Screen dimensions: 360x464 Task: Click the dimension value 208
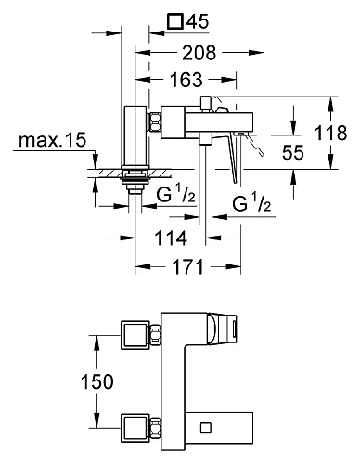(x=199, y=53)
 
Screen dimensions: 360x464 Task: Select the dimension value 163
(x=186, y=80)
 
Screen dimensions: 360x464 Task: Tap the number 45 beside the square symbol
(x=198, y=21)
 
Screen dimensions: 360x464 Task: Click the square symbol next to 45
(x=174, y=21)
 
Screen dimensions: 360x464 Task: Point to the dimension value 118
(x=330, y=133)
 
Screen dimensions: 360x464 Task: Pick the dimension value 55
(x=293, y=152)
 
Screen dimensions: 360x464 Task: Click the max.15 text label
(x=52, y=140)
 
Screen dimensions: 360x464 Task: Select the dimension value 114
(x=171, y=238)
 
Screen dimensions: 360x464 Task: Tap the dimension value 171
(x=188, y=266)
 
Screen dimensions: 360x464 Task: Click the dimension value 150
(x=97, y=381)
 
